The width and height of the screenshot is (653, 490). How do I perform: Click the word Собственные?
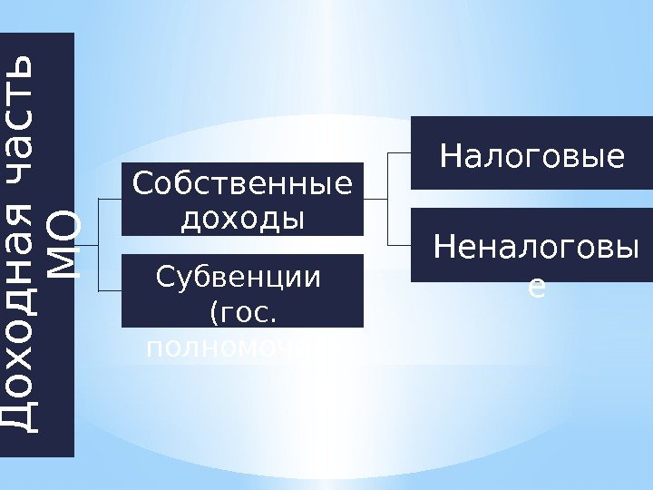(242, 185)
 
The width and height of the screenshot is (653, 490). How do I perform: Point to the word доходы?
(242, 218)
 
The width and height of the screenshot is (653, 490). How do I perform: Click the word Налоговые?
(532, 157)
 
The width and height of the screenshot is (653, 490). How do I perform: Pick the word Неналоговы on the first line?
(532, 246)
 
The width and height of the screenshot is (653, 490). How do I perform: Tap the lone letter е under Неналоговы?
(536, 287)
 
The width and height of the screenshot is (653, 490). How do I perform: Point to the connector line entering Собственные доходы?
(109, 199)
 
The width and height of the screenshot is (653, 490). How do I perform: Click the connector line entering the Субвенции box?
(109, 290)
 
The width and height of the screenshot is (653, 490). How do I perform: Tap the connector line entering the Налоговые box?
(399, 153)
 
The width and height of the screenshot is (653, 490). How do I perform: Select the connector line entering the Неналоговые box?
(399, 245)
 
